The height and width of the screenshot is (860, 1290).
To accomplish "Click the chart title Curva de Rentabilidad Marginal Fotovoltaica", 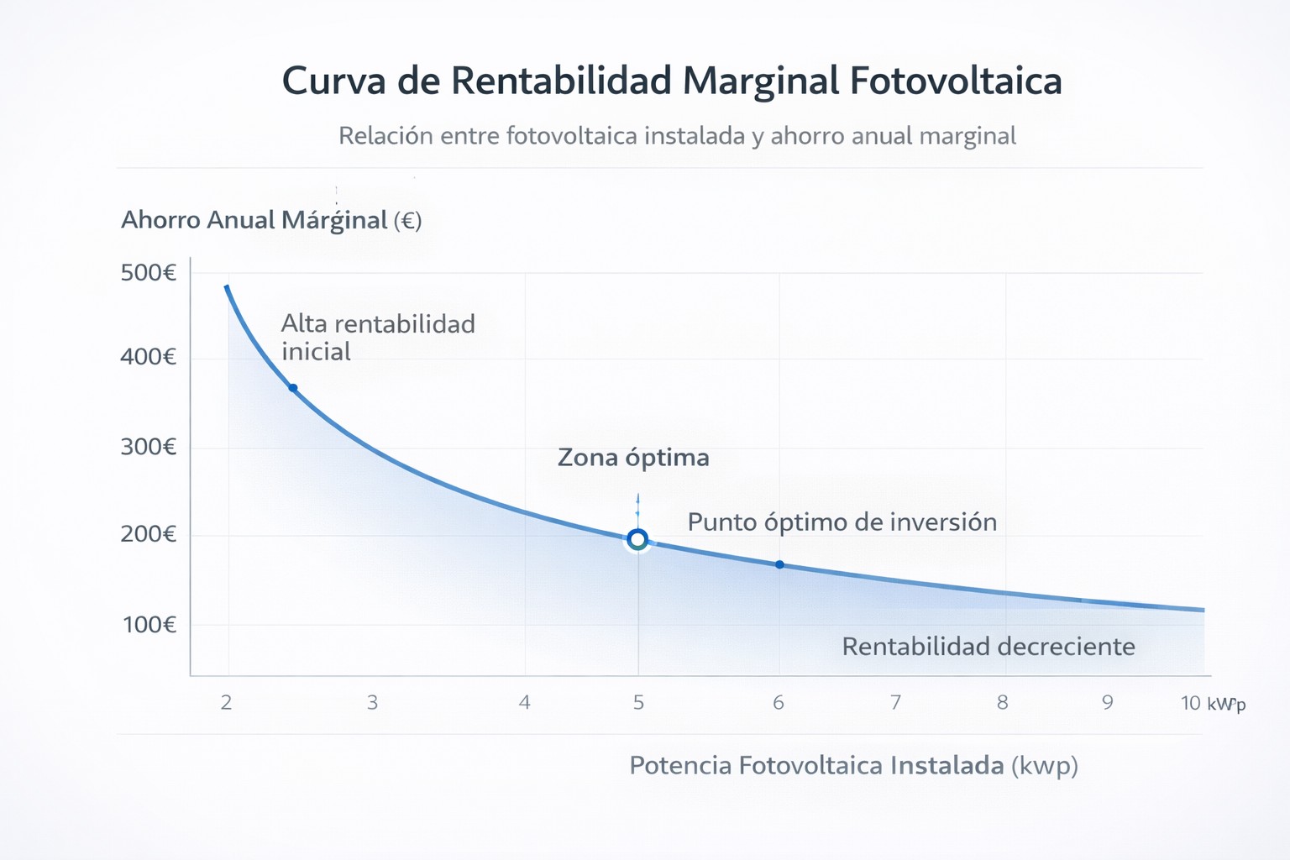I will coord(672,81).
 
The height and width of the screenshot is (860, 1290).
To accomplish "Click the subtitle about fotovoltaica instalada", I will coord(677,136).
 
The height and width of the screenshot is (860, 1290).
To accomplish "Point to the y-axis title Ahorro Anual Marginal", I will coord(270,220).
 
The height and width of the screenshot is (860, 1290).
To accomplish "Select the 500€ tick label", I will coord(149,273).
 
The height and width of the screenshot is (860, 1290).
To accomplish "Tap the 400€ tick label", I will coord(149,357).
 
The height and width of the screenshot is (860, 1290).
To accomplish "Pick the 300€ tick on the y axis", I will coord(149,446).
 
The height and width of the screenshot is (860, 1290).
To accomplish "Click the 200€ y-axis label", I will coord(149,534).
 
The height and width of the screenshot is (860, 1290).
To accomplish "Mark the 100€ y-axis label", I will coord(149,625).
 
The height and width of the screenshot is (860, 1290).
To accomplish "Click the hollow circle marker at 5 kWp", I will coord(637,539).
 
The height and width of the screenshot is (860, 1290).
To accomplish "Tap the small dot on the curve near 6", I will coord(779,565).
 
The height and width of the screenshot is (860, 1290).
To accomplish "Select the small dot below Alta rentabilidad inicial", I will coord(293,388).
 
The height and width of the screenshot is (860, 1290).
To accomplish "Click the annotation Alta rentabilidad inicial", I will coord(378,338).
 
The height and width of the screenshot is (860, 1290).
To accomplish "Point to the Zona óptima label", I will coord(633,458).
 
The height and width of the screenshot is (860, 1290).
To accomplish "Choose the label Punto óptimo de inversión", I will coord(842,522).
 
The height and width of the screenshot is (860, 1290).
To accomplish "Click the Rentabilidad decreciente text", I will coord(988,647).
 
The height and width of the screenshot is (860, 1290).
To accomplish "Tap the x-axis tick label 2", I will coord(227,703).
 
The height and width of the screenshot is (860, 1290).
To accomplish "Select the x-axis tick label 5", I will coord(638,703).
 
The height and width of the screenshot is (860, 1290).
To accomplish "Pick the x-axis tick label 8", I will coord(1002,703).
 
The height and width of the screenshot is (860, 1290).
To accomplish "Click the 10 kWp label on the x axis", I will coord(1212,704).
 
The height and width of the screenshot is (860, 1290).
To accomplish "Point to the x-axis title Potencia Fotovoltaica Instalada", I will coord(853,766).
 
